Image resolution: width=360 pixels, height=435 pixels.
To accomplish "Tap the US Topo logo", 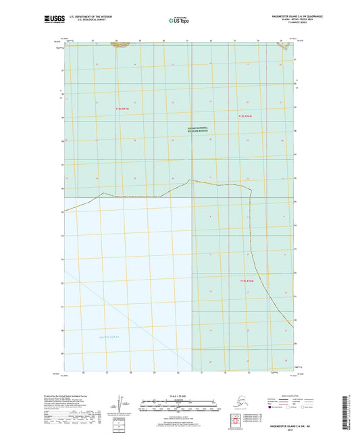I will pyautogui.click(x=179, y=21).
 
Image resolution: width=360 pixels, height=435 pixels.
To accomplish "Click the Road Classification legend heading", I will pyautogui.click(x=303, y=394).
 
